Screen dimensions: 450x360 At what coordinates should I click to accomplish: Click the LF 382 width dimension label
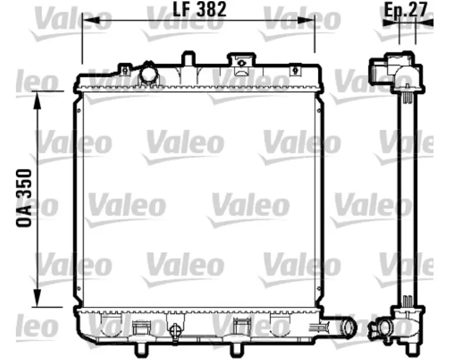pyautogui.click(x=200, y=9)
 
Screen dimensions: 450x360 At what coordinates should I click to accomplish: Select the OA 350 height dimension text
pyautogui.click(x=24, y=198)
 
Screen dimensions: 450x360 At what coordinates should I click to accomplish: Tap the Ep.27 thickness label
pyautogui.click(x=405, y=9)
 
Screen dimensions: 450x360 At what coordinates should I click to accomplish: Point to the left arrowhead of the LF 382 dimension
pyautogui.click(x=91, y=21)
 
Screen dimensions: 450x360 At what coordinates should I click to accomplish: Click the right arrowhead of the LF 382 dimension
pyautogui.click(x=306, y=21)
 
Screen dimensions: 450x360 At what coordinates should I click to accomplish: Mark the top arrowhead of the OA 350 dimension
pyautogui.click(x=37, y=101)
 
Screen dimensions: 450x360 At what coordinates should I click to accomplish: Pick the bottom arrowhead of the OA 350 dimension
pyautogui.click(x=37, y=298)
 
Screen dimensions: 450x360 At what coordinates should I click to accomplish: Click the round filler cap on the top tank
pyautogui.click(x=148, y=74)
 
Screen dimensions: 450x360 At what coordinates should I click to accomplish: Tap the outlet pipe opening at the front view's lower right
pyautogui.click(x=349, y=327)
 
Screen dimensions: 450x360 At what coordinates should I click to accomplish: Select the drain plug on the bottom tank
pyautogui.click(x=174, y=331)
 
